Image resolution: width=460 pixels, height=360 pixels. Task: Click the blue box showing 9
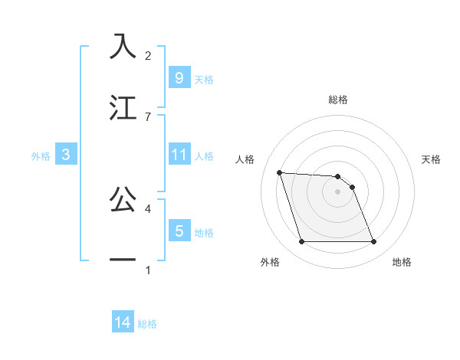tap(179, 78)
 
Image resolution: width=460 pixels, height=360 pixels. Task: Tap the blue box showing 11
tap(179, 155)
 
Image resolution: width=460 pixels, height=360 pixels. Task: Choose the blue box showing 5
tap(179, 231)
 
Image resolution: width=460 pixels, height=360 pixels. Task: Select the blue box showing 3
tap(66, 155)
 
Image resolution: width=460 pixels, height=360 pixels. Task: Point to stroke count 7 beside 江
tap(148, 116)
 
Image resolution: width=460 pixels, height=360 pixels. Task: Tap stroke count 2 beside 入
tap(148, 56)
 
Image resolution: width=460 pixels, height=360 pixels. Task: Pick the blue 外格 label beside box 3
tap(41, 155)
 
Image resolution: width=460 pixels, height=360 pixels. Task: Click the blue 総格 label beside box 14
tap(147, 324)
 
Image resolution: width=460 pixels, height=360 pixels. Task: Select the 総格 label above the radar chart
tap(338, 100)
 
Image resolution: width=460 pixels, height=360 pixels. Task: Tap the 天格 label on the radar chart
tap(431, 159)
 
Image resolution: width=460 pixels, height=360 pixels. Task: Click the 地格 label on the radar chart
tap(402, 262)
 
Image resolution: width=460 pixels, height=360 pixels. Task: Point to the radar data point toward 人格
tap(279, 172)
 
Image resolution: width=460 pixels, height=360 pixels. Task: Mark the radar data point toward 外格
tap(301, 242)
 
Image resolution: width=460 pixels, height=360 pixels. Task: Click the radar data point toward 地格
tap(373, 242)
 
